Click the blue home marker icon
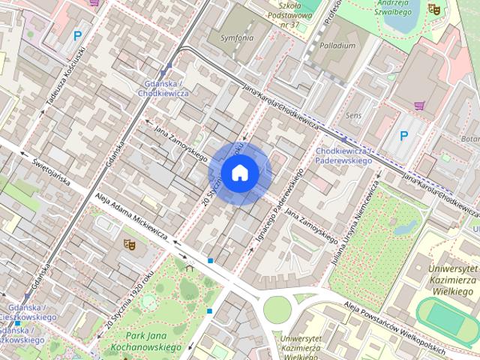pos(239,173)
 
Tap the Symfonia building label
pos(237,37)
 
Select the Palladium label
pos(337,45)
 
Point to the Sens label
pos(353,115)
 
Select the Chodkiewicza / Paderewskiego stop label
pos(343,156)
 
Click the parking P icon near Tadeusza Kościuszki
pos(77,34)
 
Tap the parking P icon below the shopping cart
pos(403,136)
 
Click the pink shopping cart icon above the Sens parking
pos(418,106)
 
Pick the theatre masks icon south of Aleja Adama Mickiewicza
pos(128,244)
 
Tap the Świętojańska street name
pos(51,171)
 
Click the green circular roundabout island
pos(276,307)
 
